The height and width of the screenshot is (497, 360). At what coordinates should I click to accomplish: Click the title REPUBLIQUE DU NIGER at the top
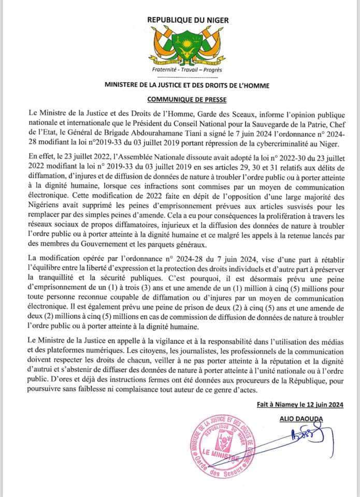pyautogui.click(x=180, y=20)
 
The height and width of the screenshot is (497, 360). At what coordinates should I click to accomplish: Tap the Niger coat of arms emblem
pyautogui.click(x=180, y=47)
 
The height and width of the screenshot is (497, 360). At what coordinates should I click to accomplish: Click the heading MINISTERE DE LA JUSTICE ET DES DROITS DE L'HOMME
pyautogui.click(x=180, y=84)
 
